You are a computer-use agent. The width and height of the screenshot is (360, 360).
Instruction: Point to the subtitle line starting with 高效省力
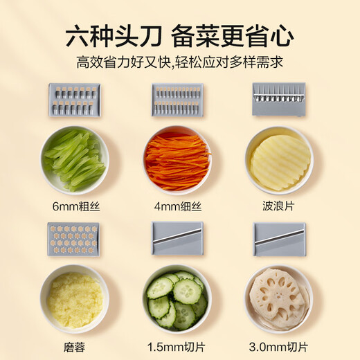180,62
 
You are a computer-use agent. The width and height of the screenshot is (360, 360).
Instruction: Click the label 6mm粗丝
74,206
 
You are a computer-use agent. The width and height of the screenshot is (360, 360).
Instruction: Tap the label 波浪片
279,206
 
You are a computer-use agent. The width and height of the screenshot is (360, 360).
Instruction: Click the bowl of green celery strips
74,160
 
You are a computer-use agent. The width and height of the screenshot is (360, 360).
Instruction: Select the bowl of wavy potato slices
279,160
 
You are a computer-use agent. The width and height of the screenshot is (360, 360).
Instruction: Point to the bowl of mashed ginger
74,299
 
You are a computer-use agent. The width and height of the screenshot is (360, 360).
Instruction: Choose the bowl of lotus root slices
279,299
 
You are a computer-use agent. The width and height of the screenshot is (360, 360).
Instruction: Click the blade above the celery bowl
74,100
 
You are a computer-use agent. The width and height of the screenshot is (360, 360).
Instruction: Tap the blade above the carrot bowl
177,100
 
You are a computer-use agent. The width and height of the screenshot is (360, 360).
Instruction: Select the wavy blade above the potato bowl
279,98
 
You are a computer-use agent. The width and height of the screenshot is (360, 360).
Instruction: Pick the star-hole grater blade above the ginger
73,239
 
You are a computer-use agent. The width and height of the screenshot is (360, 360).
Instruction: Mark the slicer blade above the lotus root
279,239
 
